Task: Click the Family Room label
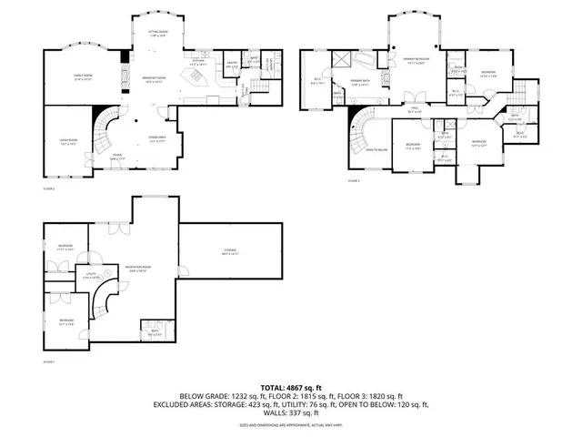(x=84, y=78)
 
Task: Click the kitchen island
(x=194, y=80)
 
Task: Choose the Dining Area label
(x=157, y=139)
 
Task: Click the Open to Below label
(x=378, y=149)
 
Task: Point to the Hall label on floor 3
(x=415, y=110)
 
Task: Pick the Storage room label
(x=229, y=252)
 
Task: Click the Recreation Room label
(x=139, y=269)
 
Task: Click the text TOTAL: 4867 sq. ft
(x=291, y=387)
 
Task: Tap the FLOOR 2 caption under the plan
(x=49, y=188)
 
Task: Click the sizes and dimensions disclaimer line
(x=291, y=424)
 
